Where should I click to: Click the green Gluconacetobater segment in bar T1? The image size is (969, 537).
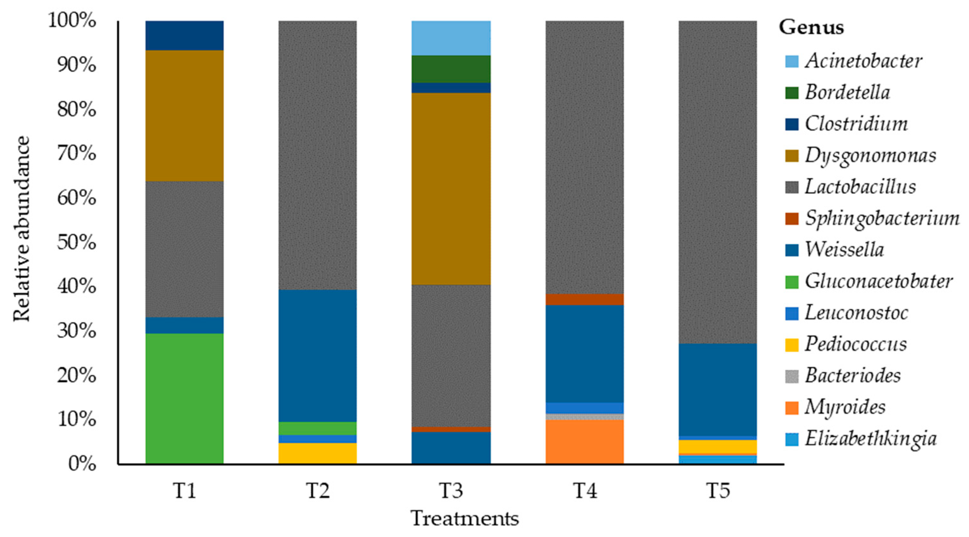(184, 399)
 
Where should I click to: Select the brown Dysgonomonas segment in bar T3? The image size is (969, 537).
(451, 188)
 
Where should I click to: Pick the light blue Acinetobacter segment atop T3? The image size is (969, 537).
(451, 38)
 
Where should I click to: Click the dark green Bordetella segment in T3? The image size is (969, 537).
(451, 69)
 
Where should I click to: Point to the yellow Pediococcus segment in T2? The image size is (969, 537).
(317, 453)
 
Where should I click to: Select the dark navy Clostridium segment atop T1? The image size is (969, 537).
(184, 35)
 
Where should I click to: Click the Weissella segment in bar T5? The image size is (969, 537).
(718, 390)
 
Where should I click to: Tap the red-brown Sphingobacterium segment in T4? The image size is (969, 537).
(585, 299)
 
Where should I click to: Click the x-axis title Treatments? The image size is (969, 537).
(465, 519)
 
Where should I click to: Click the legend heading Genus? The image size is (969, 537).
(811, 27)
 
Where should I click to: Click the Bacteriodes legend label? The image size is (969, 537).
(853, 376)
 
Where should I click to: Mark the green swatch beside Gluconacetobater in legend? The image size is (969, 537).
(792, 282)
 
